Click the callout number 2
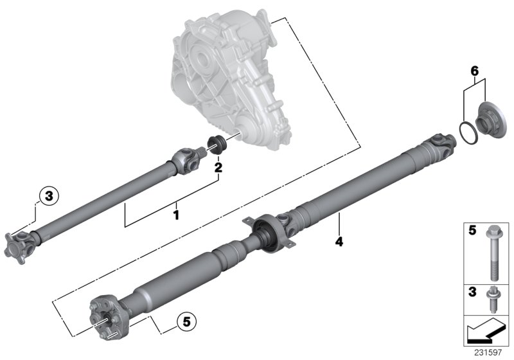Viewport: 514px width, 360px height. point(218,168)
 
